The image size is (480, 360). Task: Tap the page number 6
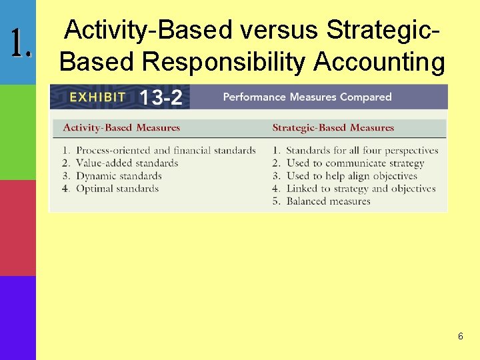(x=460, y=337)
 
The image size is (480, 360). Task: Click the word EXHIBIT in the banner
(x=97, y=97)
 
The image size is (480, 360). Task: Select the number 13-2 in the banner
(x=160, y=97)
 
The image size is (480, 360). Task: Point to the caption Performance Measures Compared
(x=307, y=97)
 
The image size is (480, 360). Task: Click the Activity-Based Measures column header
(x=121, y=127)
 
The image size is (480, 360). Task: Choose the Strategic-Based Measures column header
(x=333, y=127)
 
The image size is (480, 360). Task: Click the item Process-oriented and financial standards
(x=165, y=151)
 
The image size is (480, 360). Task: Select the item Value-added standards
(x=127, y=163)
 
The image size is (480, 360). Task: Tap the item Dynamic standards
(x=119, y=176)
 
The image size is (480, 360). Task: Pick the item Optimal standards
(x=117, y=189)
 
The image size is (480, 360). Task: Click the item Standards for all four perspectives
(x=362, y=151)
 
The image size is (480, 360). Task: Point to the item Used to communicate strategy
(x=355, y=163)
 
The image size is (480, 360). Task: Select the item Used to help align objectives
(x=351, y=176)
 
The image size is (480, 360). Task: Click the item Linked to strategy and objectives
(x=361, y=189)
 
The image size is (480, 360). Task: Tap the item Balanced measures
(x=328, y=201)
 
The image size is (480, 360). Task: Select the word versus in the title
(x=279, y=30)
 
